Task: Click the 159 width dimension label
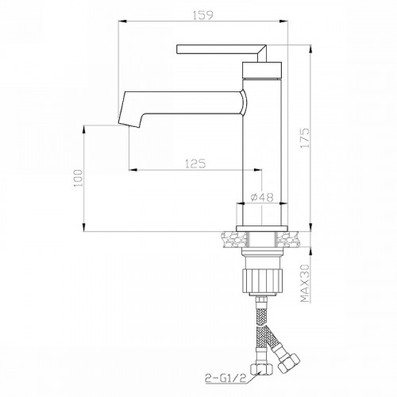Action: pos(202,15)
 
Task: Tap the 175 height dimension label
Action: pos(305,138)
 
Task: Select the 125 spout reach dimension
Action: pos(195,164)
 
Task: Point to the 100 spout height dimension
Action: pos(78,178)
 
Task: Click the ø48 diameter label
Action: pos(261,197)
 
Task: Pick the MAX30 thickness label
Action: pos(305,283)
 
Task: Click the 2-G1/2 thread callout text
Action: pos(225,377)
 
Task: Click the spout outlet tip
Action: pos(129,125)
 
